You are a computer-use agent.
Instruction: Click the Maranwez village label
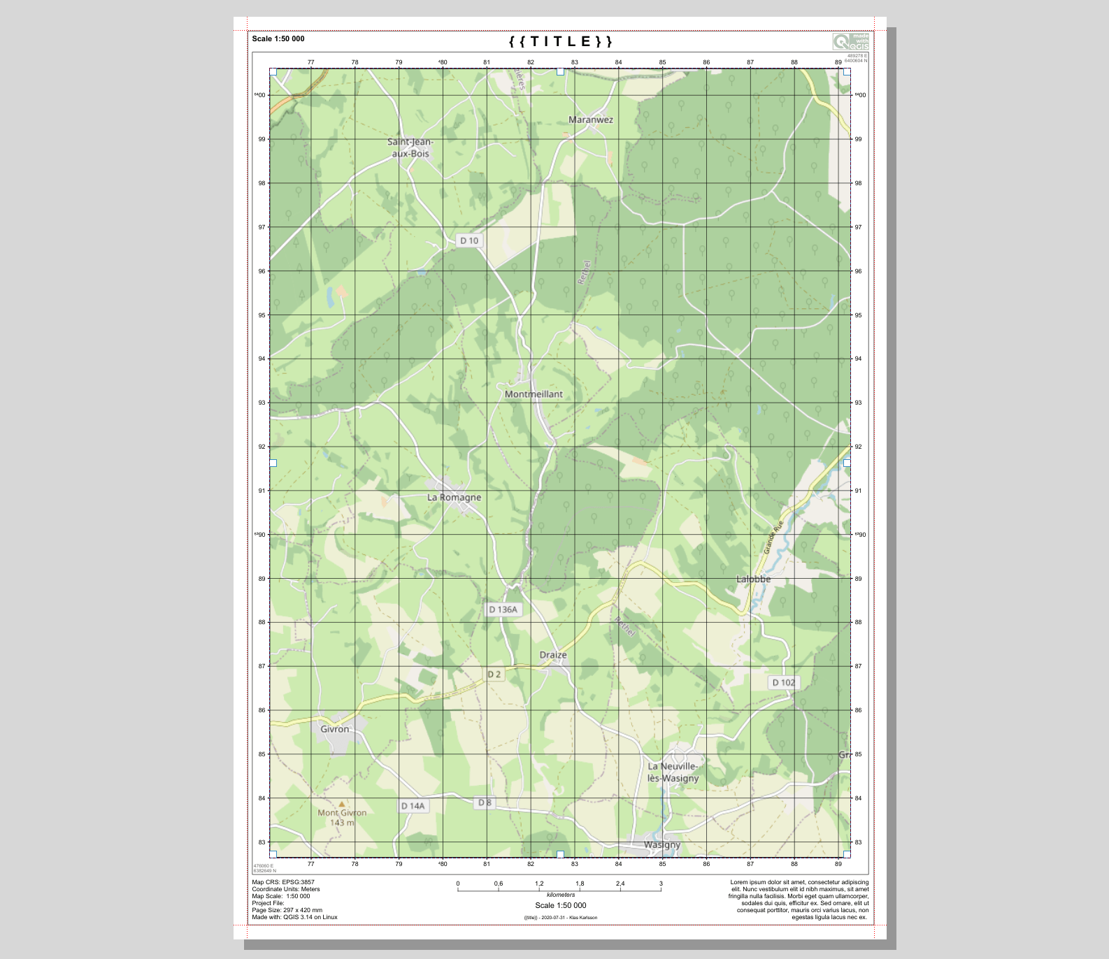(x=590, y=120)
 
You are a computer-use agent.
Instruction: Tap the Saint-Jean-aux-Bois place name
(x=410, y=147)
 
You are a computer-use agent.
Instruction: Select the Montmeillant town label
(x=534, y=394)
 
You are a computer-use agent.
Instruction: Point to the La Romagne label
(x=455, y=498)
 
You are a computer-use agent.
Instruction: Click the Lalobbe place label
(x=754, y=579)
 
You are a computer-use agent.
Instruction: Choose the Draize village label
(x=553, y=655)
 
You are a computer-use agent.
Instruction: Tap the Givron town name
(x=334, y=729)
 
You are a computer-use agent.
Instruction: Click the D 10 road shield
(x=469, y=240)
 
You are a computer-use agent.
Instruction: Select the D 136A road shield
(x=503, y=610)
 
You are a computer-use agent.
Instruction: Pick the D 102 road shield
(x=783, y=682)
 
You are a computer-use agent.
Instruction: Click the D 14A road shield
(x=413, y=806)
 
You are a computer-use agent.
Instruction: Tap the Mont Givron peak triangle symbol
(x=342, y=804)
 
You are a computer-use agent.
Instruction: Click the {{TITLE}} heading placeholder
(x=561, y=41)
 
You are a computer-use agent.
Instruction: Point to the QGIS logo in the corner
(x=850, y=41)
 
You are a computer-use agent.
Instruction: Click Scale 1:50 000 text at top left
(x=278, y=38)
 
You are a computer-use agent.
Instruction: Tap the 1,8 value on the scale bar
(x=580, y=884)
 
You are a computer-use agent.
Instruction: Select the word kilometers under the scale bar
(x=561, y=895)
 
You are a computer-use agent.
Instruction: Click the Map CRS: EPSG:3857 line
(x=283, y=882)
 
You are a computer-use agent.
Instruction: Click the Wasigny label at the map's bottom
(x=661, y=844)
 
